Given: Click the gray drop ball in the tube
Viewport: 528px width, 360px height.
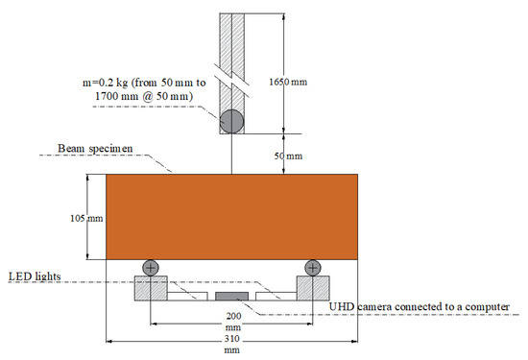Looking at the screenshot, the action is point(231,122).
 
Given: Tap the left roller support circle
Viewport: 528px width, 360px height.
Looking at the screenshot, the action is point(151,268).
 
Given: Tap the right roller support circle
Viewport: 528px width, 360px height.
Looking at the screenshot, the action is point(313,268).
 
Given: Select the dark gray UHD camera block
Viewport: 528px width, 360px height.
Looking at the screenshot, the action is point(231,296).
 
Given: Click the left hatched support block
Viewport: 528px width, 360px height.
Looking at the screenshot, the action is point(151,288).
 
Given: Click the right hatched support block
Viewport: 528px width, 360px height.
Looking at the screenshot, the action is point(313,288).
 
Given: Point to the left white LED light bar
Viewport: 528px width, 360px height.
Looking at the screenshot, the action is point(187,297).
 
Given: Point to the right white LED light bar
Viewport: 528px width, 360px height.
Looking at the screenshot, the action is point(276,297).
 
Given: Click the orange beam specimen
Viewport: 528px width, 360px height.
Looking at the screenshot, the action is point(231,217).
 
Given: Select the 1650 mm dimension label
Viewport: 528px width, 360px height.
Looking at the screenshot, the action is point(288,82).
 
